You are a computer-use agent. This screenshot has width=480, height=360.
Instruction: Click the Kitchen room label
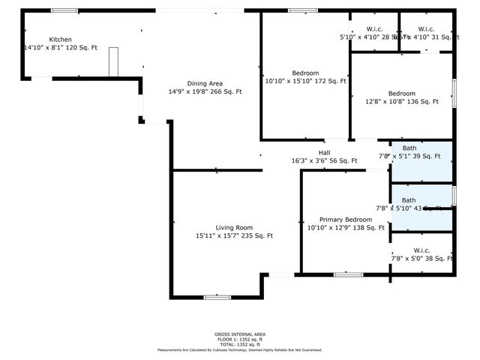[x=61, y=39]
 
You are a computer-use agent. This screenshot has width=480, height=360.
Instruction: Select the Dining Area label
[x=204, y=83]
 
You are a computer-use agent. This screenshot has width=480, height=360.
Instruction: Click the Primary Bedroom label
[x=346, y=219]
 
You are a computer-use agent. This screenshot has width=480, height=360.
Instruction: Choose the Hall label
[x=324, y=152]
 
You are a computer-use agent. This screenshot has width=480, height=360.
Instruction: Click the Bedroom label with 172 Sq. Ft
[x=305, y=72]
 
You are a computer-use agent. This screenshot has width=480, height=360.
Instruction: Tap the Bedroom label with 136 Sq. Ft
[x=401, y=93]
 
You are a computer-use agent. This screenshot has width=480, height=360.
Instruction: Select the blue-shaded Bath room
[x=421, y=162]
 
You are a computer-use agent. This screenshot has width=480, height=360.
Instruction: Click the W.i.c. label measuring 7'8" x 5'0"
[x=421, y=250]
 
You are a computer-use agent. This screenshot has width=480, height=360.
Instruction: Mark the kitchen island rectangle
[x=114, y=61]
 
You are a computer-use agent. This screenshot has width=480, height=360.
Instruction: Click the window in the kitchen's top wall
[x=64, y=10]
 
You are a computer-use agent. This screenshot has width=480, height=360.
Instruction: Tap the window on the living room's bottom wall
[x=217, y=298]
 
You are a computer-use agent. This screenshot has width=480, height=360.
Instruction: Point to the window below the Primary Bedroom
[x=346, y=274]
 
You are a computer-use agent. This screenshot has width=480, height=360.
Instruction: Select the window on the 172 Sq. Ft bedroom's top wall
[x=302, y=10]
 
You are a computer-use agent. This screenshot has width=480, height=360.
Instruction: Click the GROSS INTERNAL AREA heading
[x=239, y=334]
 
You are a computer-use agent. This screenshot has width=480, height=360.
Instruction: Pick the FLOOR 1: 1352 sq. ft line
[x=239, y=339]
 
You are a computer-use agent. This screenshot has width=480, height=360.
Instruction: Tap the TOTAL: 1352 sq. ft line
[x=239, y=344]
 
